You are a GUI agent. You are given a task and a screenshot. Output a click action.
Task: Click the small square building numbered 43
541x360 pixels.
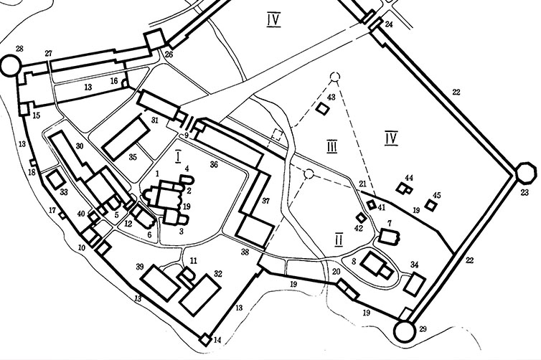click(x=323, y=108)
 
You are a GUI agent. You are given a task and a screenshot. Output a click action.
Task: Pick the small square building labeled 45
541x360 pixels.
click(x=431, y=205)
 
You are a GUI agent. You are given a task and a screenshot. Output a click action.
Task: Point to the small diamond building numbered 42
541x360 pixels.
click(x=361, y=217)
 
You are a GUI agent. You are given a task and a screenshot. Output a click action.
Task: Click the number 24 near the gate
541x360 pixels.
click(x=389, y=24)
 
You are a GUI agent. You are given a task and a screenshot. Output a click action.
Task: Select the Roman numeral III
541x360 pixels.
click(x=331, y=147)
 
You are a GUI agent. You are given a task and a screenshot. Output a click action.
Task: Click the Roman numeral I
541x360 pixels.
click(x=178, y=156)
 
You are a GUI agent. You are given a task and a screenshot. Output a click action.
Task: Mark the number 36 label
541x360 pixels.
click(x=214, y=164)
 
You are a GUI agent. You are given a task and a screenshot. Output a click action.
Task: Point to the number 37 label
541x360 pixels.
click(x=265, y=201)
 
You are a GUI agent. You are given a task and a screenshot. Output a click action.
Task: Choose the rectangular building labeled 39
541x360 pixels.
click(x=161, y=283)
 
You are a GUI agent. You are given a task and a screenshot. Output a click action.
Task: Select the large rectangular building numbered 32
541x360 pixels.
click(x=201, y=295)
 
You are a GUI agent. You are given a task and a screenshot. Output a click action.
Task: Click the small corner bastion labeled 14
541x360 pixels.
click(x=204, y=340)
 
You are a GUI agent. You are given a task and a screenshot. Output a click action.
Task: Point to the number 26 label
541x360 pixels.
click(x=169, y=54)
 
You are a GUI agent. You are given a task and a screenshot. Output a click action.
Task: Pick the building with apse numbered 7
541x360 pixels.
click(x=390, y=237)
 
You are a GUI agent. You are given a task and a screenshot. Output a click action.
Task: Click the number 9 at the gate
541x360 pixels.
click(x=187, y=135)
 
